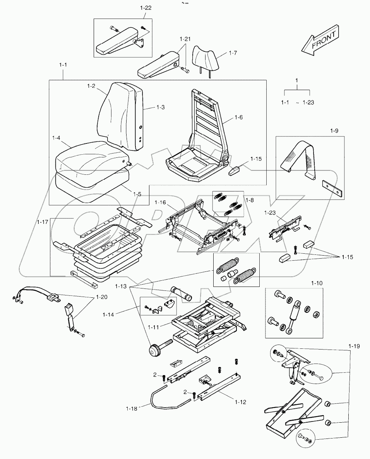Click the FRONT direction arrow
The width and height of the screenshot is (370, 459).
[320, 40]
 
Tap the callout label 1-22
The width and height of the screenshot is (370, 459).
[146, 8]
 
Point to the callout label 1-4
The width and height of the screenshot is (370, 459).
[57, 137]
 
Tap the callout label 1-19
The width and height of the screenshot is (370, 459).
[354, 346]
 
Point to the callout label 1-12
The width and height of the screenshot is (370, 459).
[240, 402]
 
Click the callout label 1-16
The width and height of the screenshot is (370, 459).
[160, 202]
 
